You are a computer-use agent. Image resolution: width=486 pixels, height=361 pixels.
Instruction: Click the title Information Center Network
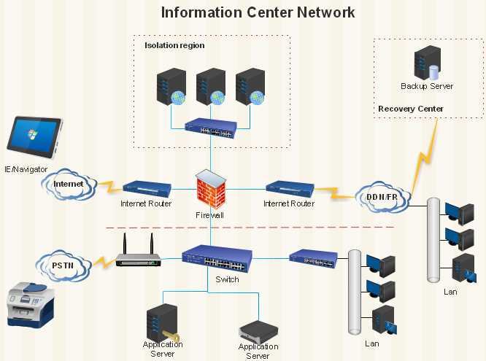pos(258,12)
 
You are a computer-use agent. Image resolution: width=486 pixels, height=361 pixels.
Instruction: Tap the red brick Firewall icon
pos(210,189)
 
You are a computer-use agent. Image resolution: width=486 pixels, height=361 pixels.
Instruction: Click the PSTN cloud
pos(65,263)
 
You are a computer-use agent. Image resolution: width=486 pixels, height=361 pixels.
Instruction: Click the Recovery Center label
pos(410,109)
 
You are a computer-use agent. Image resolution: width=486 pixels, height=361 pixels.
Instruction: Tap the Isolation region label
pos(174,45)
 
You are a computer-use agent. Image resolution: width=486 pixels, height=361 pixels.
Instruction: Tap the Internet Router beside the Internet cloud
pos(147,188)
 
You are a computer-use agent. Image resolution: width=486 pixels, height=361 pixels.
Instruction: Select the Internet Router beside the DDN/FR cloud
pos(290,188)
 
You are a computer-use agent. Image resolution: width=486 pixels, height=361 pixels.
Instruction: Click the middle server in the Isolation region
pos(210,87)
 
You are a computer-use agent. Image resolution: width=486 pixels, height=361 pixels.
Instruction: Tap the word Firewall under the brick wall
pos(210,215)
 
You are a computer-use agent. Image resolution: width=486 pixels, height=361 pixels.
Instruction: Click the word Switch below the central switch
pos(227,279)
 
